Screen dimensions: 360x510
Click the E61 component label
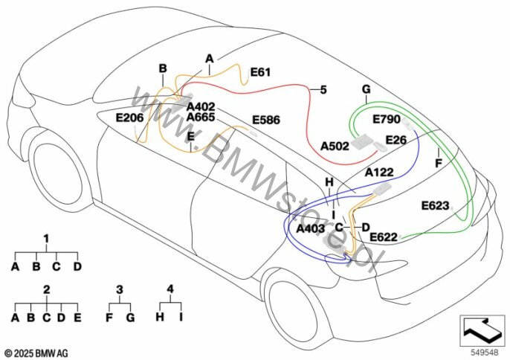pos(260,72)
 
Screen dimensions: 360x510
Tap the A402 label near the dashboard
pos(201,106)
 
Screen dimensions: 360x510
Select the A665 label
pos(201,118)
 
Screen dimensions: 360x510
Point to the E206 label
pos(130,117)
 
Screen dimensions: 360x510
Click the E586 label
pos(267,120)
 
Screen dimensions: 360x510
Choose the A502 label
pos(335,146)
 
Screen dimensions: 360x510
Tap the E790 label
pos(386,120)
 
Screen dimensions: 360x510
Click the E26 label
pos(396,140)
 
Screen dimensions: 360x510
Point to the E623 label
pos(435,205)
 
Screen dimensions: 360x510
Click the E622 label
pos(384,237)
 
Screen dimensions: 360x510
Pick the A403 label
pos(310,228)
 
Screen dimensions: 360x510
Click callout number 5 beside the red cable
pos(323,90)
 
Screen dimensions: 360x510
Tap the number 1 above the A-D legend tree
pos(46,239)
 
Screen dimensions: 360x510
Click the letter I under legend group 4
pos(181,317)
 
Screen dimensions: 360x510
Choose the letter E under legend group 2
pos(77,318)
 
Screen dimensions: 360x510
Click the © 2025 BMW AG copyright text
pos(36,352)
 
